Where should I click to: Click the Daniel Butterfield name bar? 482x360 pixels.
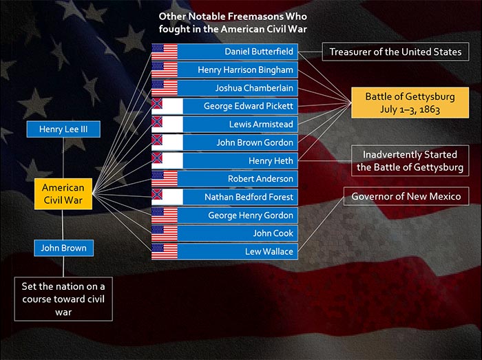point(224,52)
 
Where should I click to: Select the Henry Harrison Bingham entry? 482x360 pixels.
point(224,70)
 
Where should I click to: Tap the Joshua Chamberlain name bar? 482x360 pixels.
point(224,88)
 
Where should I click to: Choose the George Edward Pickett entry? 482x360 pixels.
point(224,106)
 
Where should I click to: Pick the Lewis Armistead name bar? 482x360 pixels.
point(224,125)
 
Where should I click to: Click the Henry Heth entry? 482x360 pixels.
point(224,160)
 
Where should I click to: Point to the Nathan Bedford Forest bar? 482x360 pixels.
point(224,197)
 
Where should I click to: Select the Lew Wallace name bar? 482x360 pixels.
point(224,251)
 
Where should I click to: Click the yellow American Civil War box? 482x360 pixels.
point(63,194)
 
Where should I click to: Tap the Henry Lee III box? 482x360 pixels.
point(63,129)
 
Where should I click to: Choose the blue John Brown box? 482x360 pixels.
point(63,248)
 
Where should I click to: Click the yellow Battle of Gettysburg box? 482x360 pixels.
point(410,103)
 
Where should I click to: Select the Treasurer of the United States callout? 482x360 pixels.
point(396,52)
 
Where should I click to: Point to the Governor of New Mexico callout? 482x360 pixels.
point(406,196)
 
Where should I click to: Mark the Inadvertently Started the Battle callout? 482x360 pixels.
point(410,160)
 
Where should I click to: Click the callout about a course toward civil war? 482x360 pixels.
point(63,299)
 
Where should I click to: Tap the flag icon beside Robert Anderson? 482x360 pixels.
point(165,179)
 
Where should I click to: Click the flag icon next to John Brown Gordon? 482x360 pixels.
point(167,142)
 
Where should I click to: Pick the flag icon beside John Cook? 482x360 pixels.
point(165,233)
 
